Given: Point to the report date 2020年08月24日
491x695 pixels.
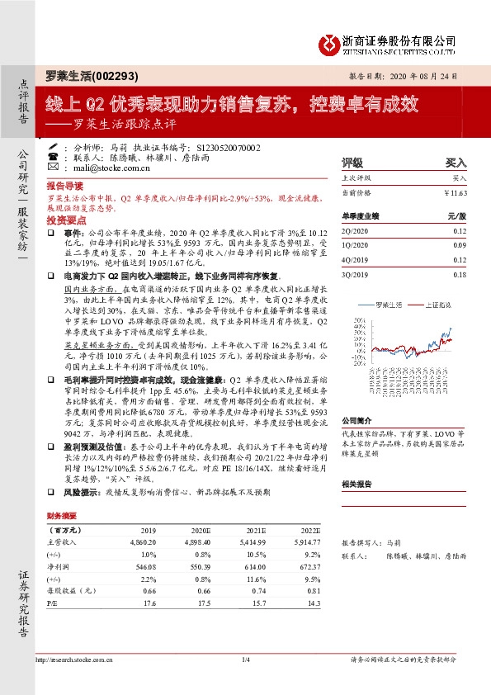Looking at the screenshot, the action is tap(423, 74).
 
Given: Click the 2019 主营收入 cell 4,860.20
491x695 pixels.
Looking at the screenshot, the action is tap(143, 542).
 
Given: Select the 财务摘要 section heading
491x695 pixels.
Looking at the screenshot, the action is tap(61, 514).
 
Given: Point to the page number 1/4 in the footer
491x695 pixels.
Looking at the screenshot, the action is tap(245, 659).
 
